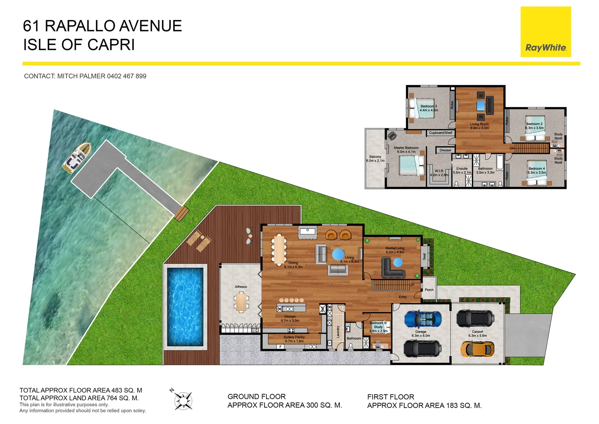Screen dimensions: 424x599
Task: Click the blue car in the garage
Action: [422, 319]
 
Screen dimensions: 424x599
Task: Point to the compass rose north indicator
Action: [183, 400]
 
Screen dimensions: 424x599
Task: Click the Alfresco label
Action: [241, 287]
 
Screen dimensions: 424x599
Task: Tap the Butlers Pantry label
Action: [294, 337]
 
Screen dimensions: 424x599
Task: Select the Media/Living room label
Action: [395, 248]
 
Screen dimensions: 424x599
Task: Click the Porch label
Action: [429, 290]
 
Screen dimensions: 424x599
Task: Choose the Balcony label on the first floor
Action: [375, 157]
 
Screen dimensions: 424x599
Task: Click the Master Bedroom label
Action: [406, 148]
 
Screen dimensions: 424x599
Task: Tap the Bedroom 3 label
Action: [428, 106]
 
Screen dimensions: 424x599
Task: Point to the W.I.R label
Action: [439, 171]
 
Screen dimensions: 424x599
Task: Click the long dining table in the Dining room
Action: [279, 249]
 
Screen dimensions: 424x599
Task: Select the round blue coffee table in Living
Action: [338, 254]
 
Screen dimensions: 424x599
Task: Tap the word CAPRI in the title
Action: [111, 45]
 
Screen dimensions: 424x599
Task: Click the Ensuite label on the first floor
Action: [462, 168]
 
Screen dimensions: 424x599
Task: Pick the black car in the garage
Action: [422, 348]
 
